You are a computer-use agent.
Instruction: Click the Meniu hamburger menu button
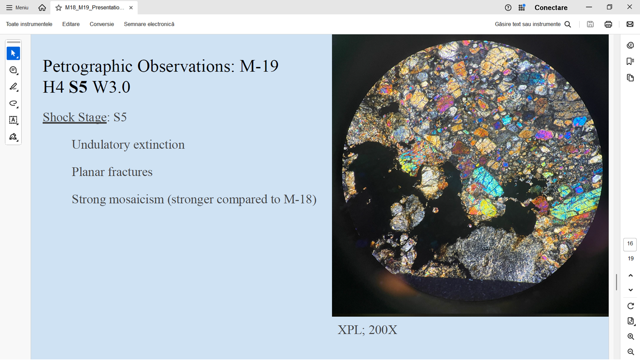tap(17, 8)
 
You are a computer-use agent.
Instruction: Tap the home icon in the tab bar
tap(42, 8)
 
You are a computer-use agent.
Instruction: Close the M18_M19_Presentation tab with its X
tap(131, 8)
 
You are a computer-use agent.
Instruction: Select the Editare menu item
tap(71, 24)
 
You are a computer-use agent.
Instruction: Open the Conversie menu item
tap(102, 24)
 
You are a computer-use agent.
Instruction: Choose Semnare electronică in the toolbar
tap(149, 24)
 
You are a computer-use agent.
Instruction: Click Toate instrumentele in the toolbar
tap(29, 24)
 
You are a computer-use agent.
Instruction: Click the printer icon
tap(608, 24)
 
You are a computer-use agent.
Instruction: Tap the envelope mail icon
tap(630, 24)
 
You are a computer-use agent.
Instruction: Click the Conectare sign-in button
tap(551, 8)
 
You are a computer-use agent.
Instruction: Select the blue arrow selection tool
tap(14, 53)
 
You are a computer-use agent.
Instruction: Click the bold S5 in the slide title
tap(78, 87)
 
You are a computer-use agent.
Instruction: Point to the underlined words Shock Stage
tap(75, 117)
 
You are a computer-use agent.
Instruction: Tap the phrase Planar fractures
tap(112, 172)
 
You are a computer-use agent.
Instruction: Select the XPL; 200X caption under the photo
tap(367, 330)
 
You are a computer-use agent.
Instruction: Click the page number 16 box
tap(630, 244)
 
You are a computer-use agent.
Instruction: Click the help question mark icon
tap(508, 8)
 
